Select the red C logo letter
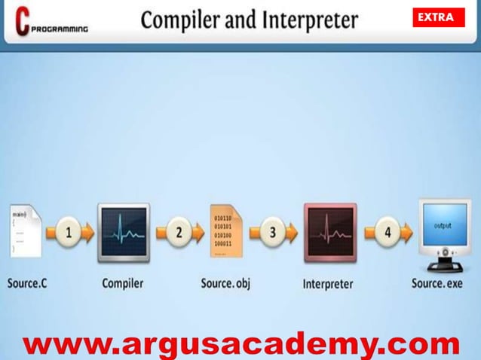coord(22,21)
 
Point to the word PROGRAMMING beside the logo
coord(60,29)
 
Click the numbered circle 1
coord(69,232)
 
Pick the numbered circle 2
coord(179,232)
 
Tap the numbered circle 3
coord(273,232)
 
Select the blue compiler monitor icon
coord(124,232)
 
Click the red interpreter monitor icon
coord(329,232)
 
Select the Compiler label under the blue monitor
coord(123,284)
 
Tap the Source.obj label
coord(225,284)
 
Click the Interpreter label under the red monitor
coord(328,285)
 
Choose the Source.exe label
coord(437,284)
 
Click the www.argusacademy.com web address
coord(240,344)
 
